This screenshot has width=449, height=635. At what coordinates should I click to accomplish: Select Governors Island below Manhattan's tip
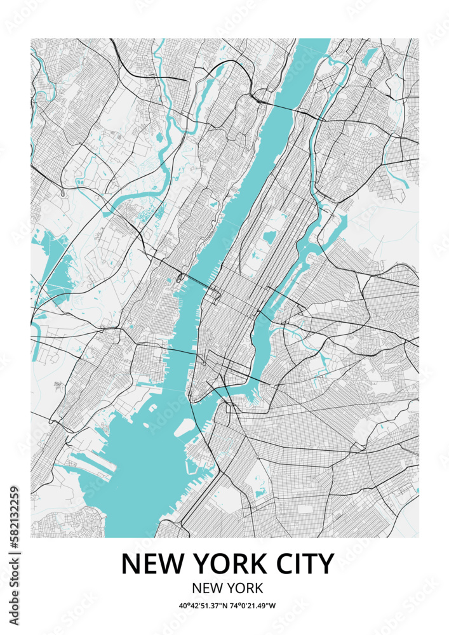pyautogui.click(x=184, y=429)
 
